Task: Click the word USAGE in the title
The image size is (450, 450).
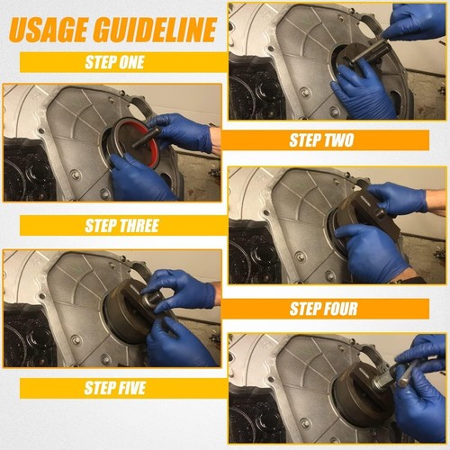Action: [x=49, y=29]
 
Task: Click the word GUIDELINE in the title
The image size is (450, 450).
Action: [x=155, y=29]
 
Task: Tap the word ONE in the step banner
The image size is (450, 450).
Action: [x=130, y=62]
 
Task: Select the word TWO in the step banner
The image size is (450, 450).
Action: [x=337, y=140]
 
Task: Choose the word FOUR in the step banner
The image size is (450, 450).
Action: [x=339, y=309]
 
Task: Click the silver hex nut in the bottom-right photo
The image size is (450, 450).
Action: [x=380, y=383]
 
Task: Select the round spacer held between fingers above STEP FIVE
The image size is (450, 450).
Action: [x=149, y=301]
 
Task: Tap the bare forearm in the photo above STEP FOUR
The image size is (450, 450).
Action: [x=436, y=202]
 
